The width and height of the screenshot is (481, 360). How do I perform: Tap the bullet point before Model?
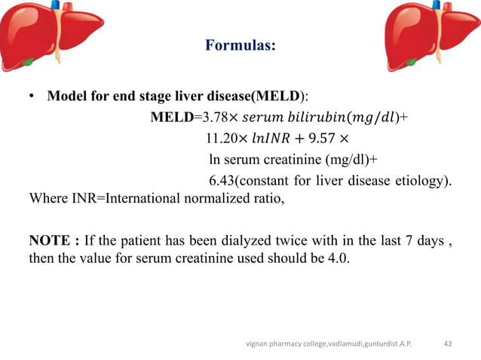tap(32, 98)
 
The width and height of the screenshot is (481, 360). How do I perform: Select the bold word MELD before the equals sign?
tap(172, 117)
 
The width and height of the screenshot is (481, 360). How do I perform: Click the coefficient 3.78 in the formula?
tap(210, 117)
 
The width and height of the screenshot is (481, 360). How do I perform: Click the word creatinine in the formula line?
tap(290, 160)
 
